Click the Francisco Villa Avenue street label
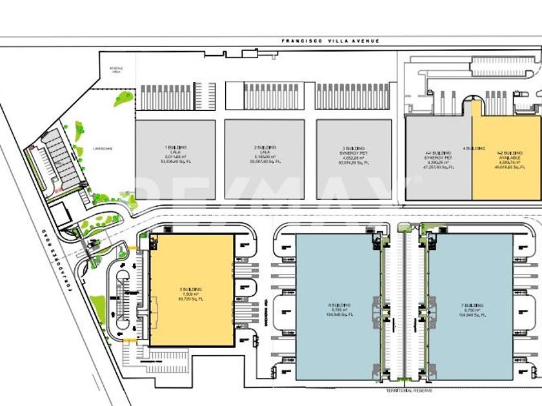(330, 41)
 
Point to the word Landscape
(102, 148)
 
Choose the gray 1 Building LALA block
(175, 159)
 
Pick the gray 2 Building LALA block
(265, 159)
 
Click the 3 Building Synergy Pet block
(354, 159)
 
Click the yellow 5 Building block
(192, 290)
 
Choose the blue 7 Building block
(471, 307)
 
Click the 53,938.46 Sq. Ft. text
(174, 163)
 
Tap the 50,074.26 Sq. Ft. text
(354, 163)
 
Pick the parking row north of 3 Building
(354, 97)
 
